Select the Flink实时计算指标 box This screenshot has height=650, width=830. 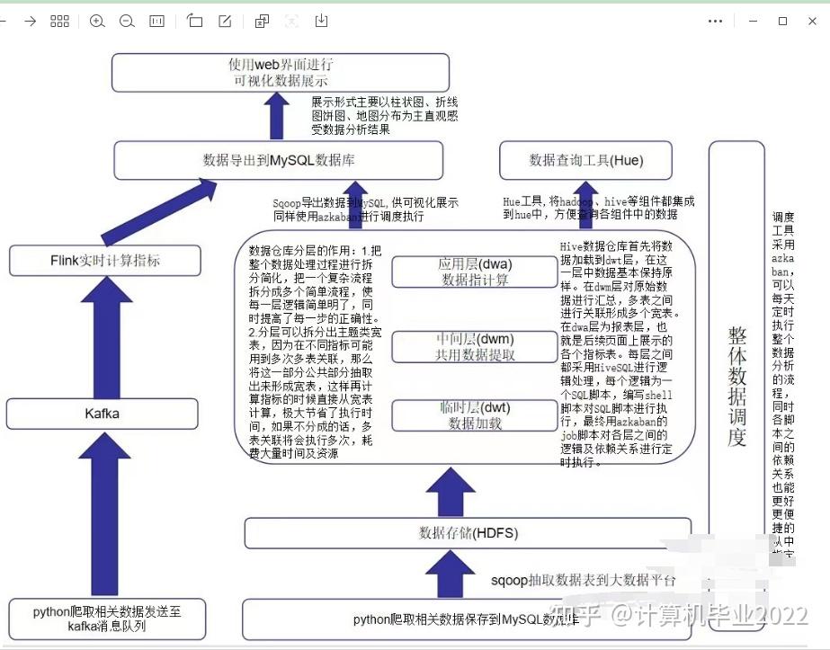[x=105, y=261]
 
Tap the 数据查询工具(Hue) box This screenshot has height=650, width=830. [x=586, y=161]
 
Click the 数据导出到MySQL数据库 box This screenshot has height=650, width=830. [x=279, y=161]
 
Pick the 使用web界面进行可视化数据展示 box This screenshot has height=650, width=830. [x=281, y=72]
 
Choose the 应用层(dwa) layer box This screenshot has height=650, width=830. [x=475, y=272]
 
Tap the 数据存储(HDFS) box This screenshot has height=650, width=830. [x=468, y=533]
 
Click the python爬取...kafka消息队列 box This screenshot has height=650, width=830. [x=107, y=619]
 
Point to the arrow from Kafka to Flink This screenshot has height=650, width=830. [x=107, y=334]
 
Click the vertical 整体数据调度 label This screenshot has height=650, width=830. [x=736, y=387]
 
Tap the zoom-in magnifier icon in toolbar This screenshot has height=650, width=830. [x=97, y=21]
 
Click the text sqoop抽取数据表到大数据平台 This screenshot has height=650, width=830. [x=583, y=580]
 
